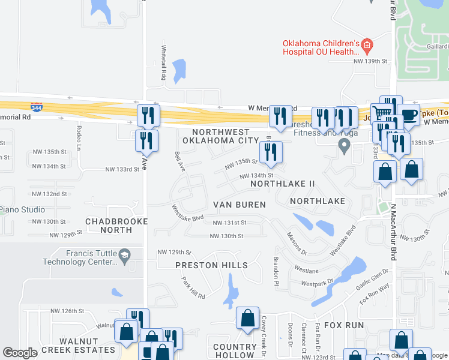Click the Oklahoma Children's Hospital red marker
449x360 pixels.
(x=367, y=45)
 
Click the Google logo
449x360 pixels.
(x=20, y=353)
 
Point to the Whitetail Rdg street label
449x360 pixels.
(x=163, y=63)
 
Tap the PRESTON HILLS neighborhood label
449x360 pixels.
(x=211, y=265)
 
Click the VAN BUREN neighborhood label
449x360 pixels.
(x=239, y=205)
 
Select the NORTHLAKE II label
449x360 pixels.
(x=283, y=182)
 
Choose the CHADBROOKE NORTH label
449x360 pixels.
(x=109, y=225)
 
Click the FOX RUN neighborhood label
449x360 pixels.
(x=344, y=325)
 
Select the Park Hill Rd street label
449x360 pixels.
(x=193, y=289)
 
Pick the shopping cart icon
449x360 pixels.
(x=381, y=113)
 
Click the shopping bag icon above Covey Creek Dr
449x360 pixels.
(x=247, y=318)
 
